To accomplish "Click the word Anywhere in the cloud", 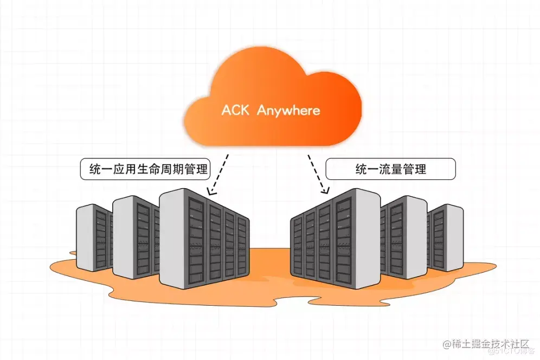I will coord(288,111).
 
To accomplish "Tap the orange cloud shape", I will coord(271,81).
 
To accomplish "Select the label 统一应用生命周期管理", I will coord(145,169).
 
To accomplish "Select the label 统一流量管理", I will coord(390,169).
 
